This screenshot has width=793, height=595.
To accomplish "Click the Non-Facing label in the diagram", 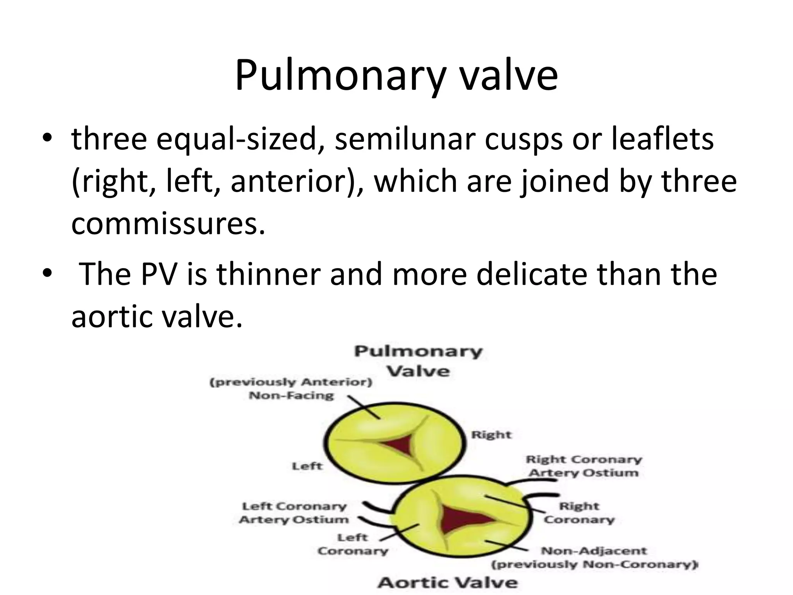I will pos(291,396).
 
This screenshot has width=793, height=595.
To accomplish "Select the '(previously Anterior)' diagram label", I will pos(291,382).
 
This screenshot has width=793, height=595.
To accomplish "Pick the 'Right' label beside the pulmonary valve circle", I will pos(491,435).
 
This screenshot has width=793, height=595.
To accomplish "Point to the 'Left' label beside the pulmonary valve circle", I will pos(307,466).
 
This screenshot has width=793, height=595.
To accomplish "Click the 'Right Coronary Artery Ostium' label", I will pos(584,466).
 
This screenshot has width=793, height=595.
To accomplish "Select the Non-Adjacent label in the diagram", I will pos(594,550).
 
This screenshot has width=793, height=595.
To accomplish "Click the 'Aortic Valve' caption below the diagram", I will pos(447,583).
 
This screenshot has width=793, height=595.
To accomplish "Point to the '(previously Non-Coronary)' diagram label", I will pos(594,564).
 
